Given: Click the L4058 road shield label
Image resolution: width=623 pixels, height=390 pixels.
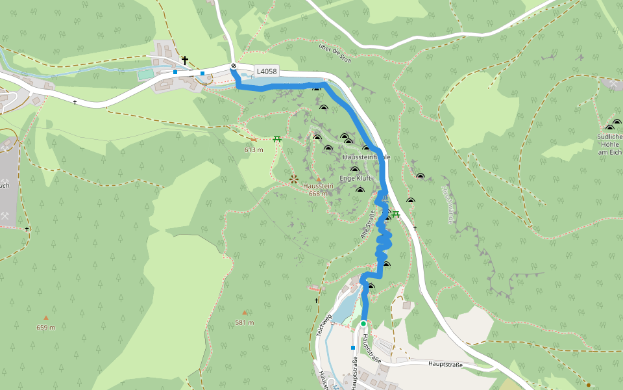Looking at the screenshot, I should coord(267,71).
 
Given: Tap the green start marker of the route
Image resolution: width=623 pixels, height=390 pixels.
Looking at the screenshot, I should coord(363,323).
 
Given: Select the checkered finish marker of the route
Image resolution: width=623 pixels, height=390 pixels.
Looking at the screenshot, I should coord(234,66).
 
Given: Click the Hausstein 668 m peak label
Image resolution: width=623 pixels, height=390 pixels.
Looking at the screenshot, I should coord(318,189).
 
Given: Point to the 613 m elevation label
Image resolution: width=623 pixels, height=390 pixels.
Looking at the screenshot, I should coord(254,149).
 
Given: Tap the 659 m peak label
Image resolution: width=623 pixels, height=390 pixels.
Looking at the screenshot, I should coord(45,327).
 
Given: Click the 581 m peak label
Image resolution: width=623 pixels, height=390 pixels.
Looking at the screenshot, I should coord(245,322).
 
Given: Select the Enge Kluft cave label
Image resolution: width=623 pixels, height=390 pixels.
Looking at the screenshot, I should coord(355,178).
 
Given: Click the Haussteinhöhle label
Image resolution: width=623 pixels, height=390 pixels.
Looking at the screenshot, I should coord(366,157).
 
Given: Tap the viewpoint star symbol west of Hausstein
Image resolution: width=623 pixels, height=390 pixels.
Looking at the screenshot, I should coord(293,178).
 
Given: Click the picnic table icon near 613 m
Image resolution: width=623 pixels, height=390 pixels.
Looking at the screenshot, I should coord(277,138).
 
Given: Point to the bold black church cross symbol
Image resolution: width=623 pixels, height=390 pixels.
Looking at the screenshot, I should coord(185,60).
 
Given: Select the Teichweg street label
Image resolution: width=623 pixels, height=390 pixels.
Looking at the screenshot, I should coord(324,323).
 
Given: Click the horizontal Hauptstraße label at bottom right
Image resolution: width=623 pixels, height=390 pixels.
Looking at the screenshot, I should coord(445,365).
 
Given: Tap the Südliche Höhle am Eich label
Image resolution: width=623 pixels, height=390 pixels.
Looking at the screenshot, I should coord(609,144).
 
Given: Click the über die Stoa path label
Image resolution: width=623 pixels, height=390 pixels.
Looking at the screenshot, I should coord(335,53).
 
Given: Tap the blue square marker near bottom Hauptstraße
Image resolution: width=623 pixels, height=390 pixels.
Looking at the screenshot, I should coord(352,348).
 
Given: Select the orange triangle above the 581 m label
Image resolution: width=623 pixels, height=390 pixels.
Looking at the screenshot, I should coord(245,313).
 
